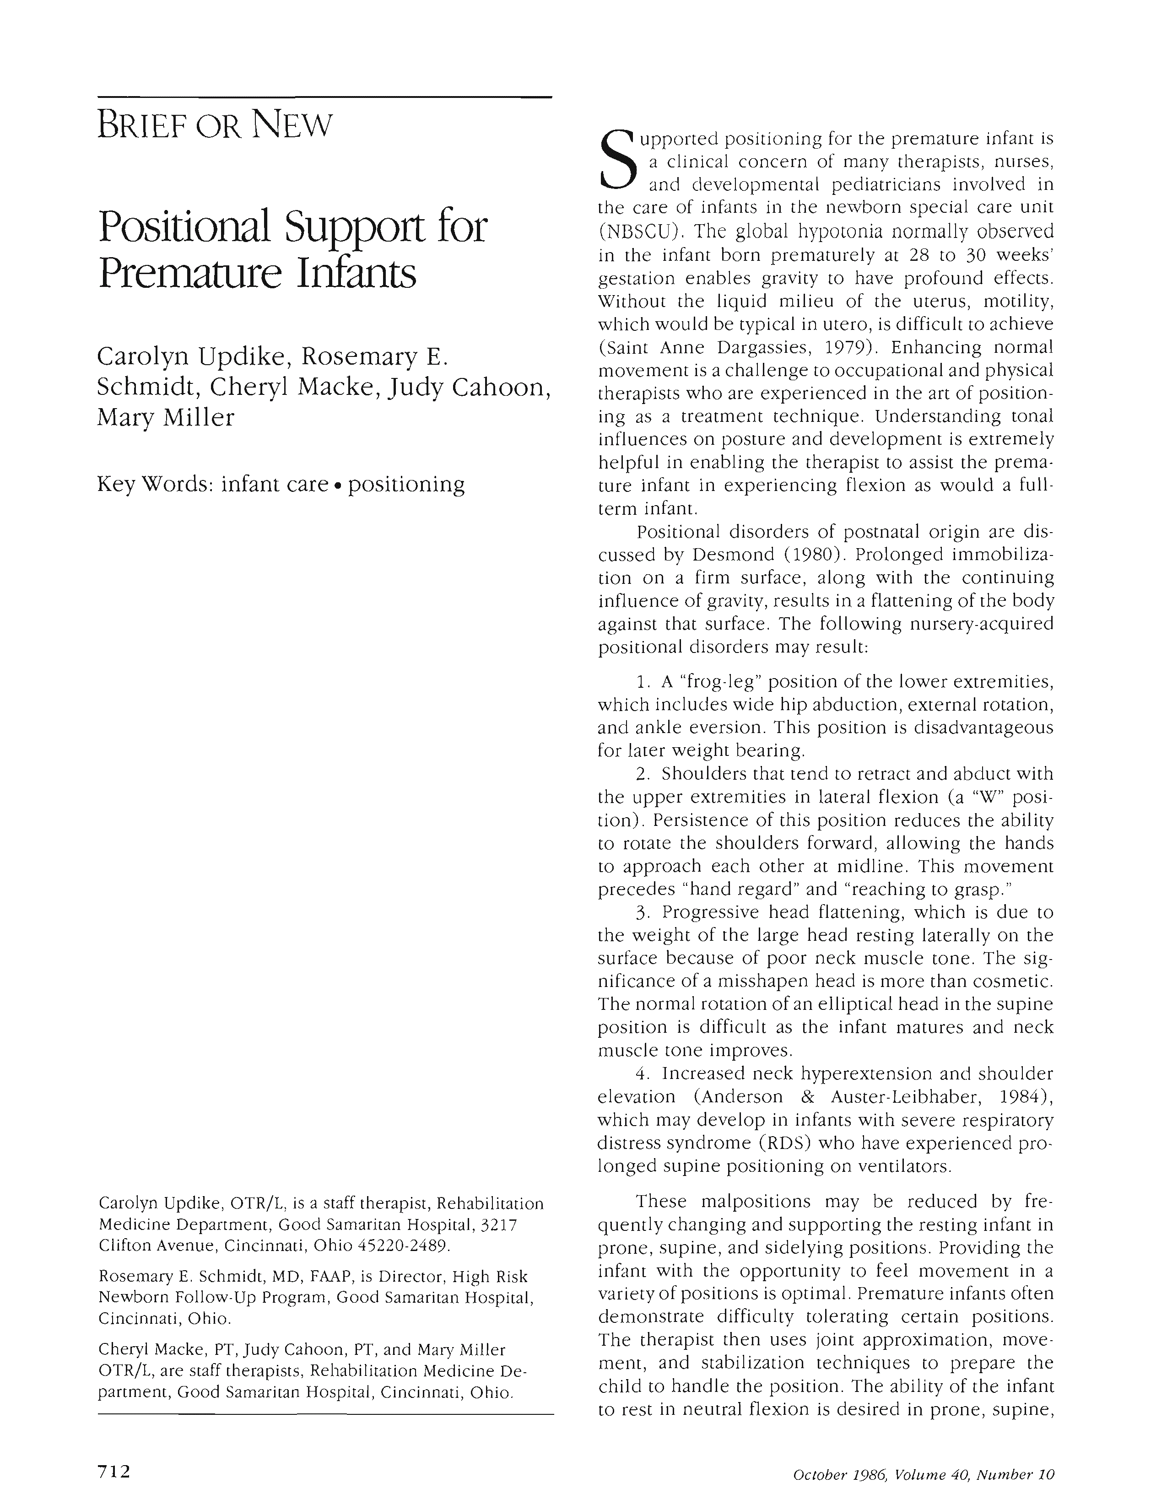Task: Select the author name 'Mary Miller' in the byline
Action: tap(166, 418)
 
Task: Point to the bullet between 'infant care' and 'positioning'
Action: tap(338, 485)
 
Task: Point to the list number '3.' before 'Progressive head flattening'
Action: tap(642, 913)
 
